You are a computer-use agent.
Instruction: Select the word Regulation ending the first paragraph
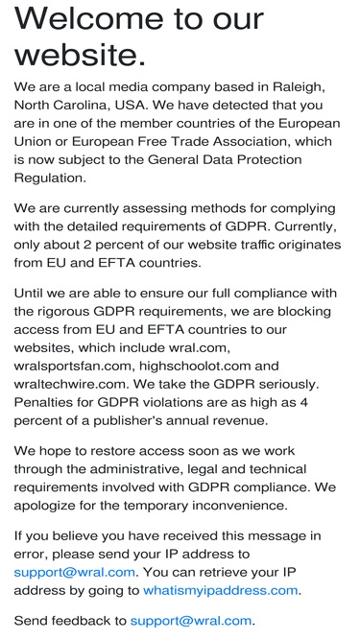49,178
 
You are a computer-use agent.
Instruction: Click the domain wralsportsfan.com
73,366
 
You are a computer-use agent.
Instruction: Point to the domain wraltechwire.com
72,384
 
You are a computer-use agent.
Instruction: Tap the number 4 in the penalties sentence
304,402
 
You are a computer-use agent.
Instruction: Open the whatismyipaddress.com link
221,590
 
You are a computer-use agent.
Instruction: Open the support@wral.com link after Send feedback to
191,621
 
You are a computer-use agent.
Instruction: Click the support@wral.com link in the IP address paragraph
74,572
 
